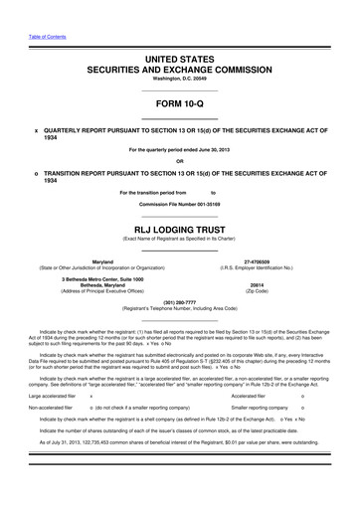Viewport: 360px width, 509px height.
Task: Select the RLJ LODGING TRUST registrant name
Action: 179,226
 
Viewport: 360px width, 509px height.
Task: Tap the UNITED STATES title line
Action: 179,60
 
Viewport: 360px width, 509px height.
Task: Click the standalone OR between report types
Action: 179,160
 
